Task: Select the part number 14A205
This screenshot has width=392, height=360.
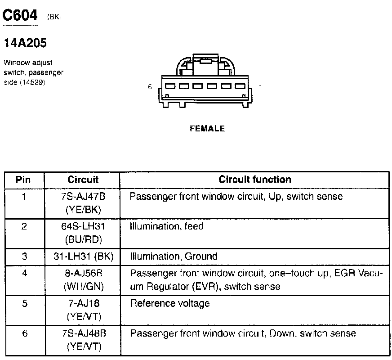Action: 25,43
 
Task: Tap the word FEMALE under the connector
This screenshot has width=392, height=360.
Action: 207,129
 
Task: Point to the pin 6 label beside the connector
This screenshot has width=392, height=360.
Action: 150,87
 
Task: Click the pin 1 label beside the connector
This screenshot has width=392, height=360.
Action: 261,87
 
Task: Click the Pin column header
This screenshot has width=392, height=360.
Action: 23,180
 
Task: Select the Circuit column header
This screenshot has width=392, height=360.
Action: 83,180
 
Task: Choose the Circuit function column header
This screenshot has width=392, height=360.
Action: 255,180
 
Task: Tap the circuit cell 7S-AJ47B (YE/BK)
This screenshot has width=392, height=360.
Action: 83,203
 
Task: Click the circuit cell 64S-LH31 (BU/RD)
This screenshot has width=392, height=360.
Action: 83,233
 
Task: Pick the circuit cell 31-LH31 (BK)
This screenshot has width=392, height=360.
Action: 83,256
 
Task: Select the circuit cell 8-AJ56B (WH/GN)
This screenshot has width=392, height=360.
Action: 83,280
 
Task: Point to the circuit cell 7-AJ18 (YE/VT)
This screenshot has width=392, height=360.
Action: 83,310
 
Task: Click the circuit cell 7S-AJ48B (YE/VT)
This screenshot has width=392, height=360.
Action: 83,340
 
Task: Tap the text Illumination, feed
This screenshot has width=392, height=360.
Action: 167,226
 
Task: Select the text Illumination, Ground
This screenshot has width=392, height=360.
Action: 174,256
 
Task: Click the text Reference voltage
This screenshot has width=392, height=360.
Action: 170,303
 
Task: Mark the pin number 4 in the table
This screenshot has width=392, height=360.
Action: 24,273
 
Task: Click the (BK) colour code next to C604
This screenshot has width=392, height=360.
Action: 54,17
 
